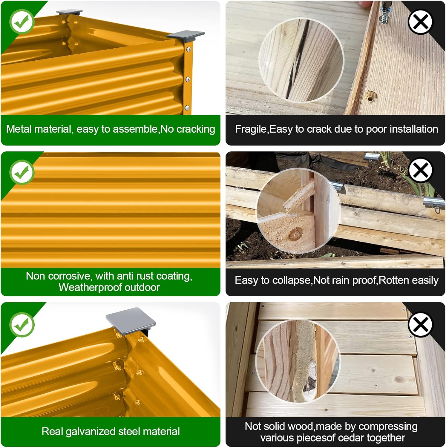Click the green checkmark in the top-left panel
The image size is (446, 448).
point(22,21)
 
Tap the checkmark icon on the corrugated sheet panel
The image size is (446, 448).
point(22,172)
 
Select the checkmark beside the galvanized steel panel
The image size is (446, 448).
point(22,325)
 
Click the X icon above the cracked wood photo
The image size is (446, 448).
point(420,22)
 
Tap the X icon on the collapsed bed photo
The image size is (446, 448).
point(420,170)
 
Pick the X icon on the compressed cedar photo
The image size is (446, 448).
point(420,325)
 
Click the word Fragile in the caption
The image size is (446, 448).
point(252,129)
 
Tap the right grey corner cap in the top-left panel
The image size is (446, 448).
point(186,36)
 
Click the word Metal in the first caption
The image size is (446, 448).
point(19,129)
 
